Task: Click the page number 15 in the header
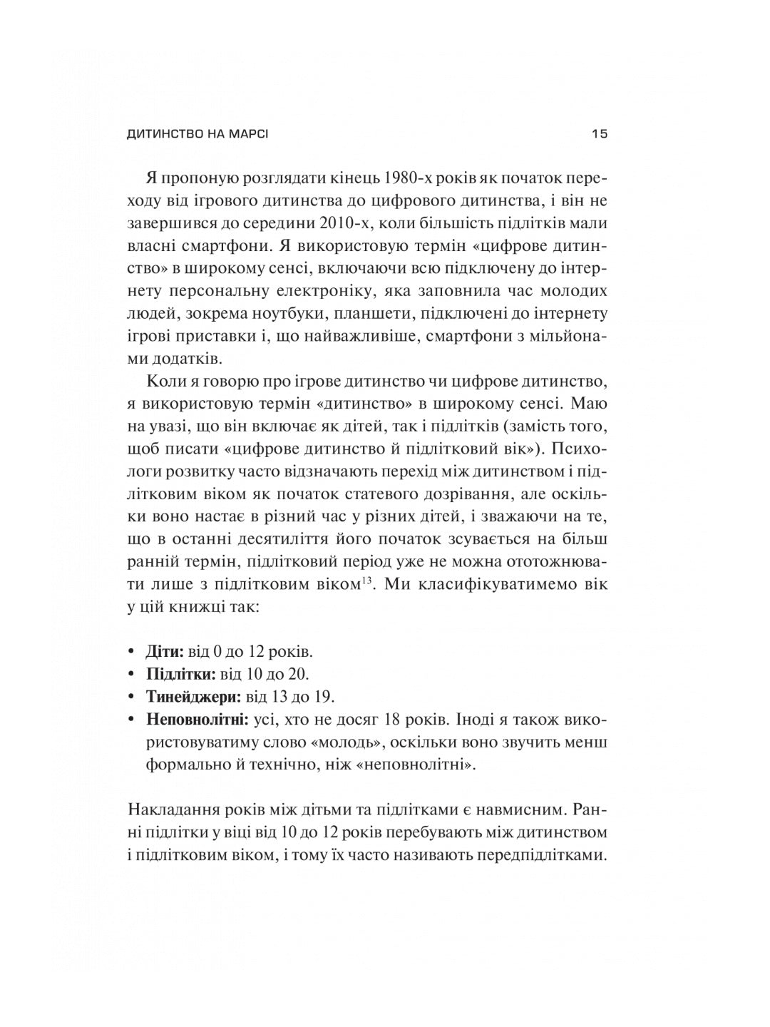click(x=599, y=134)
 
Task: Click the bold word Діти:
click(x=165, y=652)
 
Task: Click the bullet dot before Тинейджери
click(x=130, y=697)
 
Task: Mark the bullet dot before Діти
click(x=130, y=652)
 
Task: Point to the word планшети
click(x=379, y=314)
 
